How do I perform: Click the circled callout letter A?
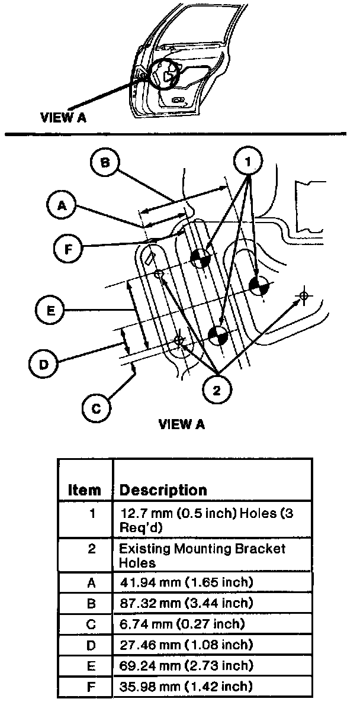point(60,205)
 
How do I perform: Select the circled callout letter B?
point(105,163)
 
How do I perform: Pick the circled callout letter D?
point(43,364)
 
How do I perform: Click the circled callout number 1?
point(249,160)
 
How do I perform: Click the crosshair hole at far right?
point(303,295)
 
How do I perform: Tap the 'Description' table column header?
point(163,490)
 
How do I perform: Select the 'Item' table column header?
point(85,490)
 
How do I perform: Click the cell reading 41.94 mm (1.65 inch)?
point(186,582)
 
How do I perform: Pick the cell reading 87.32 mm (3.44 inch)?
point(186,603)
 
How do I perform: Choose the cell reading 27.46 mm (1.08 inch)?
point(186,645)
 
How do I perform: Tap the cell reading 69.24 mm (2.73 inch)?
point(186,665)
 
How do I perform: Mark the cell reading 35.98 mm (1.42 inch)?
point(186,686)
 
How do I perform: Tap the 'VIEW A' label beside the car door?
point(63,117)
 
